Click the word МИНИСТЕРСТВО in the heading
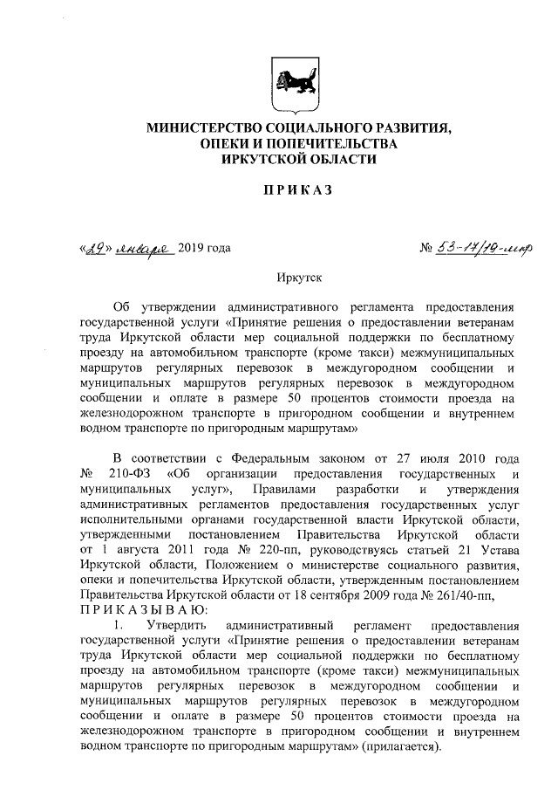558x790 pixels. pos(209,127)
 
